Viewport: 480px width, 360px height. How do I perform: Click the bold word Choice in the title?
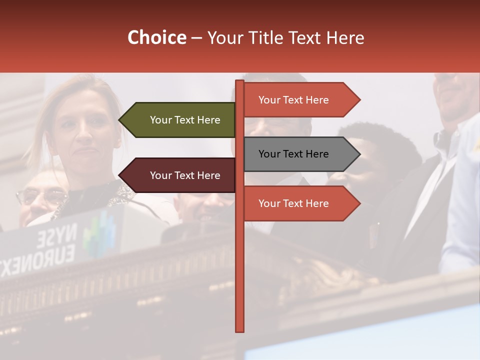click(x=156, y=37)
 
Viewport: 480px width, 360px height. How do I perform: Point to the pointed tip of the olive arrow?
click(x=120, y=120)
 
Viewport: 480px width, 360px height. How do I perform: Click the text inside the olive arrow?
click(x=185, y=120)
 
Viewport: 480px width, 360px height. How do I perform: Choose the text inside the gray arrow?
click(x=293, y=154)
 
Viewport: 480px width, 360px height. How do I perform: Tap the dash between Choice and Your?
click(x=196, y=38)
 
